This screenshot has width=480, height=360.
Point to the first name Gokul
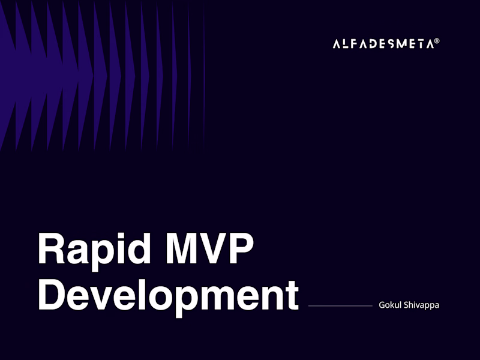(x=391, y=305)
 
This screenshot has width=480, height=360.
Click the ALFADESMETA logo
(x=383, y=44)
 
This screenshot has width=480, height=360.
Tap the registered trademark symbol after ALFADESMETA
(x=437, y=41)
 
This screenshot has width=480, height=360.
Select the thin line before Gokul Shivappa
(x=340, y=306)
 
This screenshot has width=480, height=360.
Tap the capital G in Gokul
(x=382, y=305)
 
